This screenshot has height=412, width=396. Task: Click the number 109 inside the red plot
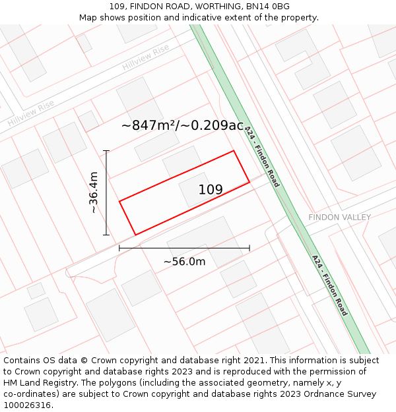pos(211,190)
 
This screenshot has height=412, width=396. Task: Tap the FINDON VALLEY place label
pos(339,218)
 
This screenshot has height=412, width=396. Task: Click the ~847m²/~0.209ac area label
pos(182,125)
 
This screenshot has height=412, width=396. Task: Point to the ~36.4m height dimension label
pos(94,192)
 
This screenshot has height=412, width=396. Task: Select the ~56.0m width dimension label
pos(184,262)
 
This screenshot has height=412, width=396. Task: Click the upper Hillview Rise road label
pos(146,57)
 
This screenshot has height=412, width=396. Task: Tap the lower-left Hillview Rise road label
pos(30,114)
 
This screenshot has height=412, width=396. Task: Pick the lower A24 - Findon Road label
pos(330,285)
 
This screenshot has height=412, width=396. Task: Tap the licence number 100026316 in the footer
pos(28,405)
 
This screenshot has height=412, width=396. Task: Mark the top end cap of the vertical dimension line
pos(106,151)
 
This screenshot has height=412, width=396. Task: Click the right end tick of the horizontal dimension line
pos(249,248)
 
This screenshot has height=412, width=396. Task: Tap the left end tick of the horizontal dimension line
pos(119,248)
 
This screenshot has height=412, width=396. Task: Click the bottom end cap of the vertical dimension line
pos(106,235)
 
